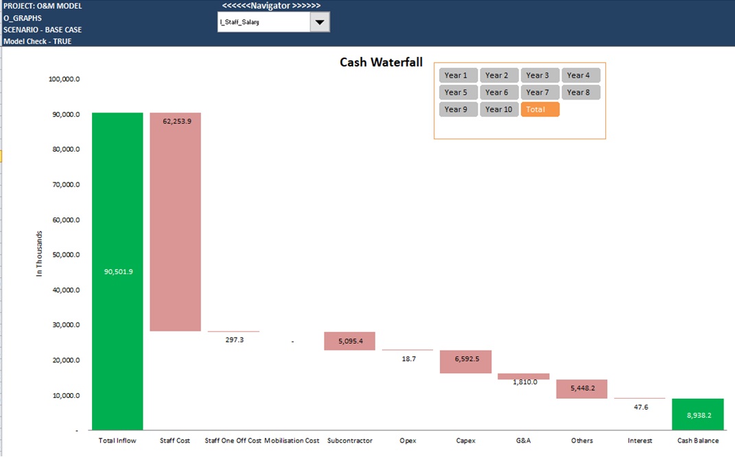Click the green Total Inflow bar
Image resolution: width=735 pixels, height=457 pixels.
click(x=117, y=271)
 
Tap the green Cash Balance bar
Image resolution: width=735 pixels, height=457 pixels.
click(x=697, y=414)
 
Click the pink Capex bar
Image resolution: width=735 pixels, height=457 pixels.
click(x=465, y=362)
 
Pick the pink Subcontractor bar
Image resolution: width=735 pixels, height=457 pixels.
click(x=349, y=341)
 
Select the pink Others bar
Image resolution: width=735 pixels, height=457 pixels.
click(x=581, y=388)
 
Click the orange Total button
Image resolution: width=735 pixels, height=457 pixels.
click(x=539, y=109)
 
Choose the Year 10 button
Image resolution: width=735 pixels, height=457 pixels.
click(x=499, y=109)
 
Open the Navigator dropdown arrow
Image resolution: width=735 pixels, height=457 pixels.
click(x=319, y=22)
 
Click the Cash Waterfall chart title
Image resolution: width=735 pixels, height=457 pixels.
click(x=381, y=62)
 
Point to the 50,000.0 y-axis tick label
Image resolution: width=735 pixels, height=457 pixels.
click(x=65, y=255)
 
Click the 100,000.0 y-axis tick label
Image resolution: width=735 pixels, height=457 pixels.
click(x=65, y=79)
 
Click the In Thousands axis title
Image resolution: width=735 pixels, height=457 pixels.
click(x=39, y=254)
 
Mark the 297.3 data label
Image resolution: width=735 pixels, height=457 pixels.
click(x=234, y=340)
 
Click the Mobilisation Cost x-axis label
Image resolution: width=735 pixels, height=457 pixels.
click(x=292, y=441)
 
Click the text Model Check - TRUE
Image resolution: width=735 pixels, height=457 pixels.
click(x=37, y=41)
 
